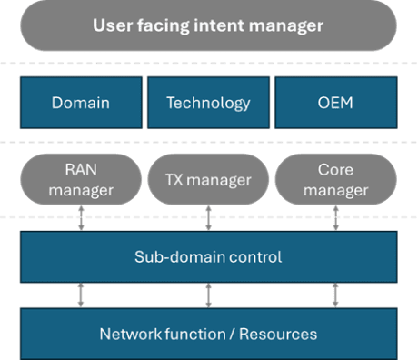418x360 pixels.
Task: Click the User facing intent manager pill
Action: pos(208,26)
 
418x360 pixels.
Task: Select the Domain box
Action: pos(81,103)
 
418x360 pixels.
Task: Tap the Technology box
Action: pos(208,103)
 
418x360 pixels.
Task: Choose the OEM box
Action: pos(335,103)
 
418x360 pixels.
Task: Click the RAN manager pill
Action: pos(81,179)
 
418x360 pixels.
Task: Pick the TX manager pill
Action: pos(208,180)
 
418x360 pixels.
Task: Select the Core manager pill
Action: pos(335,179)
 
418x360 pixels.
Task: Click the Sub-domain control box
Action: pos(208,257)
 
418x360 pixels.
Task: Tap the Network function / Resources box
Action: pos(208,334)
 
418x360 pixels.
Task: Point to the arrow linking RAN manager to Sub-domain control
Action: pos(81,218)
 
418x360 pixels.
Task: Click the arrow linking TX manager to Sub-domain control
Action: pos(208,218)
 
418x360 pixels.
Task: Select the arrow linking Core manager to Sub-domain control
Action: pos(335,218)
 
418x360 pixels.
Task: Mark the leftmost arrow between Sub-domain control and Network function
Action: pos(81,295)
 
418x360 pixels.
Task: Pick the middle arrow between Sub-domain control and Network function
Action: pos(208,295)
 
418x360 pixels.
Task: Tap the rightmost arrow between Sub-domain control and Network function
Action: pos(335,295)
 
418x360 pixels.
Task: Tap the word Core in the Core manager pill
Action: pos(335,170)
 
